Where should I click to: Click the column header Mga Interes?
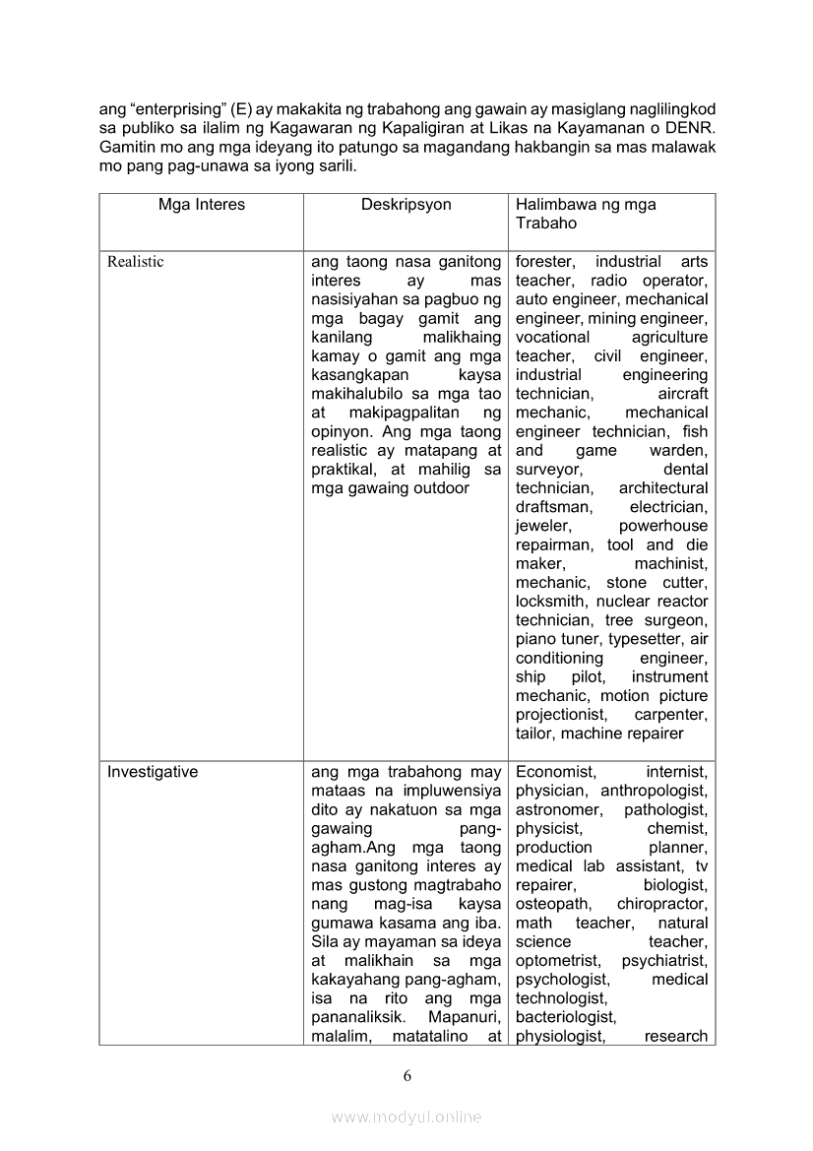201,205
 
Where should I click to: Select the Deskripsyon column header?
406,205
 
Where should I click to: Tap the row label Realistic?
136,262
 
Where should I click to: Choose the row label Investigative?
153,772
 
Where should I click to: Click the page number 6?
406,1075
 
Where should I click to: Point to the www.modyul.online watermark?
406,1117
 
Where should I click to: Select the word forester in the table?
545,262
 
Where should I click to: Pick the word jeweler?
542,526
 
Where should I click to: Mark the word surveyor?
548,470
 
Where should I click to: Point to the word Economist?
555,772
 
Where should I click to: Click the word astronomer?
556,809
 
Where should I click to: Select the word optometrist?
555,960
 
